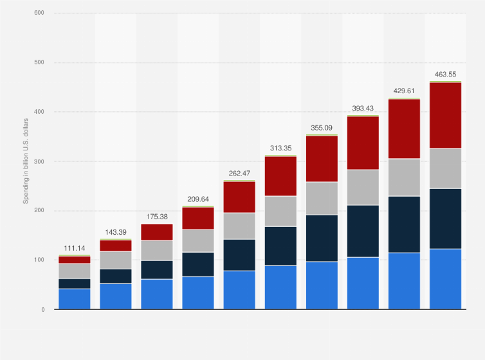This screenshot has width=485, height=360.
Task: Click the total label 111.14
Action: click(75, 248)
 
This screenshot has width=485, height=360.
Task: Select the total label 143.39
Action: click(116, 232)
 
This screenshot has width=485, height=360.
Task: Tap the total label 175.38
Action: click(157, 217)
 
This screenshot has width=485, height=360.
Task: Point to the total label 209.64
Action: click(198, 199)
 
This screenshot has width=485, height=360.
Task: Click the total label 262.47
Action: click(239, 174)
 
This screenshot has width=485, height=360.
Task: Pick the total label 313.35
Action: click(280, 148)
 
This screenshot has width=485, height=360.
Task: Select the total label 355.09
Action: click(322, 128)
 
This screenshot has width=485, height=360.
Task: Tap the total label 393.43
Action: click(363, 109)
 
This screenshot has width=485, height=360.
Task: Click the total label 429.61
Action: click(404, 91)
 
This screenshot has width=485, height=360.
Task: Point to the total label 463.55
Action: click(445, 75)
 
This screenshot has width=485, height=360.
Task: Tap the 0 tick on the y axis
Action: click(43, 310)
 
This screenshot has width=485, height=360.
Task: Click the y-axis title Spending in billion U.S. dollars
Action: click(26, 161)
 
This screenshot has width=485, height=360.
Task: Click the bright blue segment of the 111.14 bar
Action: click(75, 299)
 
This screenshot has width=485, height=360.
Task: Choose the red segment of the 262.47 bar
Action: click(239, 197)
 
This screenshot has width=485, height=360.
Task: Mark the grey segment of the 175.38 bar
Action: click(157, 250)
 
